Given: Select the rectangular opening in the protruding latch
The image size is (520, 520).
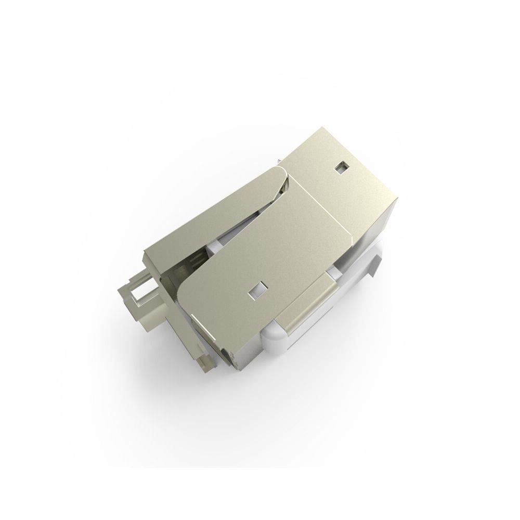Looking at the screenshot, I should (143, 297).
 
